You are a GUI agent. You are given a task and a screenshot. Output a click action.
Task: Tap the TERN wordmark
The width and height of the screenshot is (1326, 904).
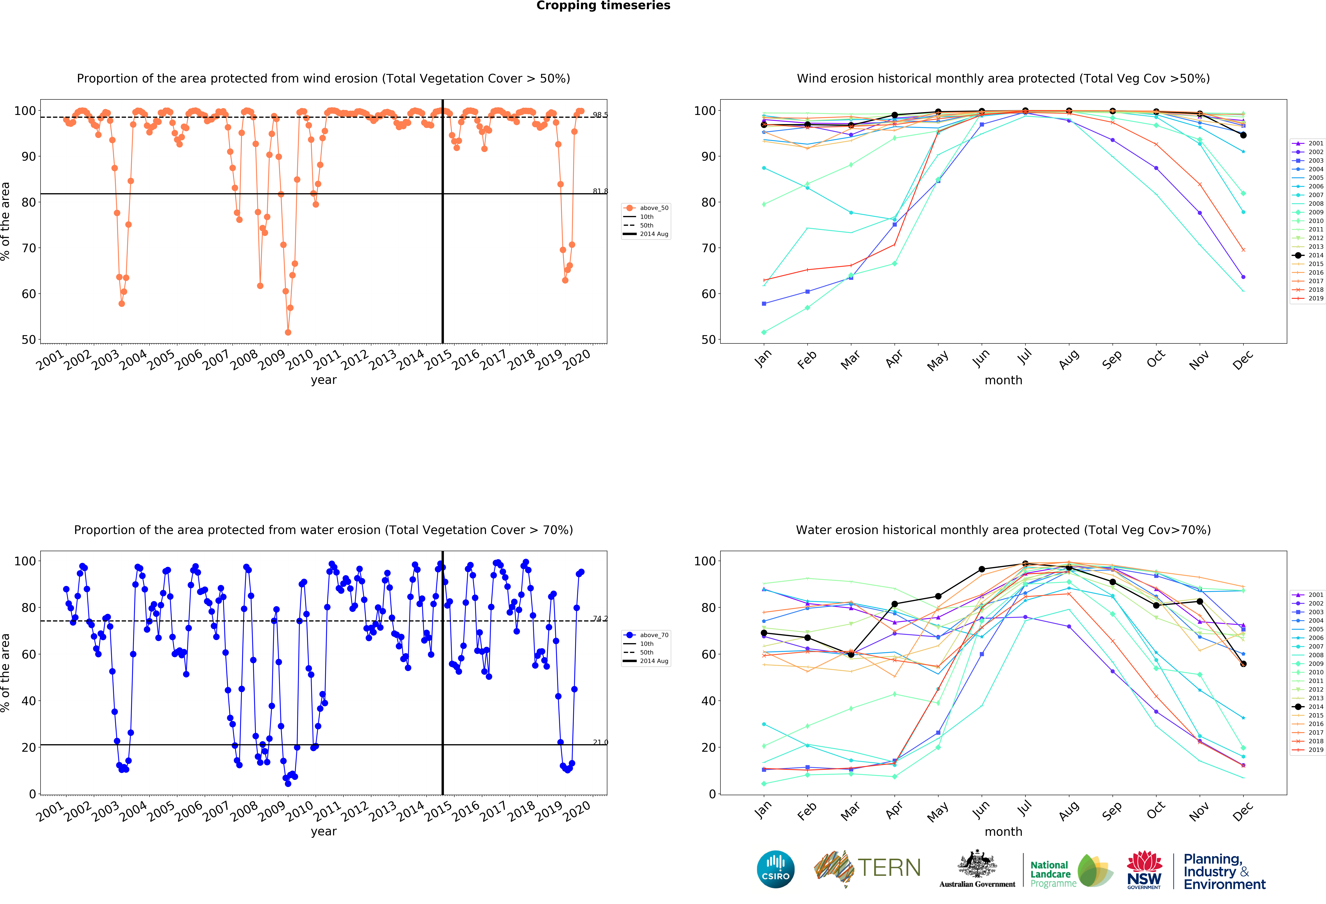point(889,868)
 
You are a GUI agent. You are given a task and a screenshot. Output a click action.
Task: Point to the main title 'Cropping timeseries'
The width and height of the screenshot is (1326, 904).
point(603,6)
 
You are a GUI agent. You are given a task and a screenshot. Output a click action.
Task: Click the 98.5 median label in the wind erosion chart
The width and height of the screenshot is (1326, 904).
point(600,115)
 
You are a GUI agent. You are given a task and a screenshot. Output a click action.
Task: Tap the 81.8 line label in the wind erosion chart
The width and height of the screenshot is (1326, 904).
point(600,191)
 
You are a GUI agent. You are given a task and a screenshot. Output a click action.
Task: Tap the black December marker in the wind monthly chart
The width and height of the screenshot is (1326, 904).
point(1243,135)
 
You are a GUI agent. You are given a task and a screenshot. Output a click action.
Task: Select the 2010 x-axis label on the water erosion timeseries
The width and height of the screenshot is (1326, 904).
point(299,809)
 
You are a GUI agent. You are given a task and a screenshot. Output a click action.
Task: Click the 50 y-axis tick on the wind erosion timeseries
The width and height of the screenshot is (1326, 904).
point(29,340)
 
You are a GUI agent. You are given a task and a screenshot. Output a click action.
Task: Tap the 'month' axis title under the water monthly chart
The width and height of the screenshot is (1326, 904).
point(1003,832)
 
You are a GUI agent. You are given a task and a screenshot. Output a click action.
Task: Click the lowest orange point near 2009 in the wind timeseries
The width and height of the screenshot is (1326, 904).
point(288,332)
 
